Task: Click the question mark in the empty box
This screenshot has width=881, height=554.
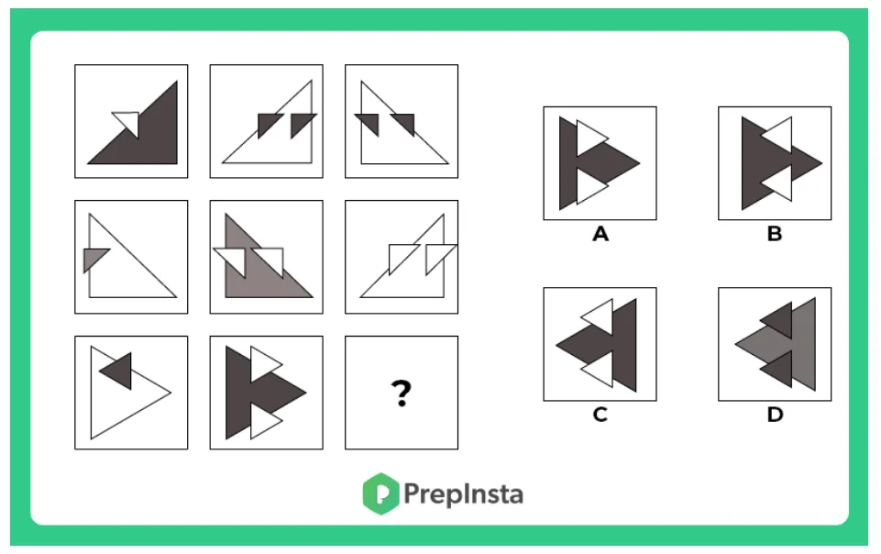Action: click(x=402, y=393)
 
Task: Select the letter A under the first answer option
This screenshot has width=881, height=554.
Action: click(x=600, y=233)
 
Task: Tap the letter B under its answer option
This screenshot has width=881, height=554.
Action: click(x=775, y=233)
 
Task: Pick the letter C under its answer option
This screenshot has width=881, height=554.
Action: click(x=600, y=415)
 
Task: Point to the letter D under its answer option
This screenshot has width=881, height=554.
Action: click(x=775, y=415)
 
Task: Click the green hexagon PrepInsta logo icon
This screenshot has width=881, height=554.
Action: click(x=381, y=493)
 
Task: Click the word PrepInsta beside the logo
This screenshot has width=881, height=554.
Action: click(x=463, y=494)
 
